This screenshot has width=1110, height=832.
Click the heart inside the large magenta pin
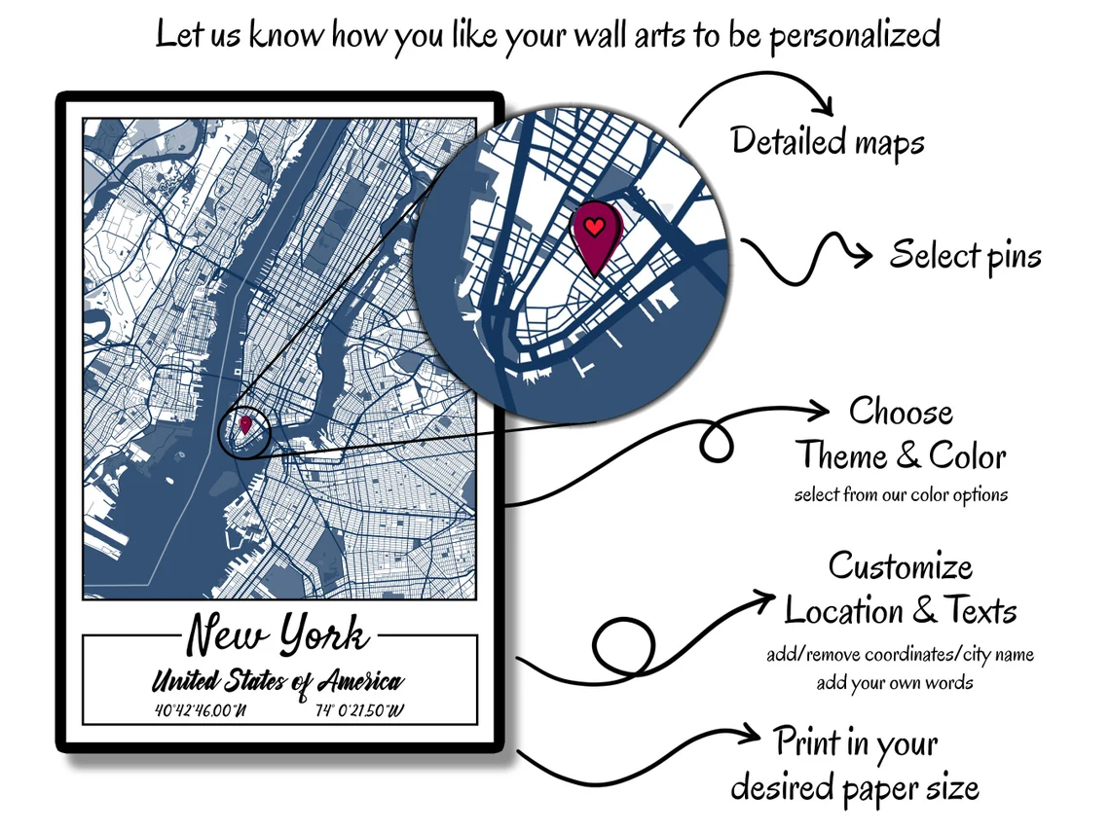595,227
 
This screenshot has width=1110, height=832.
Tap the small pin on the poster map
245,424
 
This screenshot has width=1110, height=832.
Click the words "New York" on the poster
277,633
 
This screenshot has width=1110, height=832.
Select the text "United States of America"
277,681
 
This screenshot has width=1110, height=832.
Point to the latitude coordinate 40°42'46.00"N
201,710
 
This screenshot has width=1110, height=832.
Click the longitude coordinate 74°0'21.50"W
359,710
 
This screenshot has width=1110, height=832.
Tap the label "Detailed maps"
828,141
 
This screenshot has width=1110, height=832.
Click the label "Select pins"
966,255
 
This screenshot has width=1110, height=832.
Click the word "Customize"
901,566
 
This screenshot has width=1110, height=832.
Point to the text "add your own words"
895,683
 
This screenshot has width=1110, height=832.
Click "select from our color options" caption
901,494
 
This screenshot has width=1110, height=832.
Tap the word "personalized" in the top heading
855,35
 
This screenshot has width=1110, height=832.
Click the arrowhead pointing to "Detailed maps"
824,105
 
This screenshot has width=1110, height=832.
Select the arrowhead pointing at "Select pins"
863,254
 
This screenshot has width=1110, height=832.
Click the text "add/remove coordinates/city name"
900,655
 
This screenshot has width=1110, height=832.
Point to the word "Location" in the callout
843,610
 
